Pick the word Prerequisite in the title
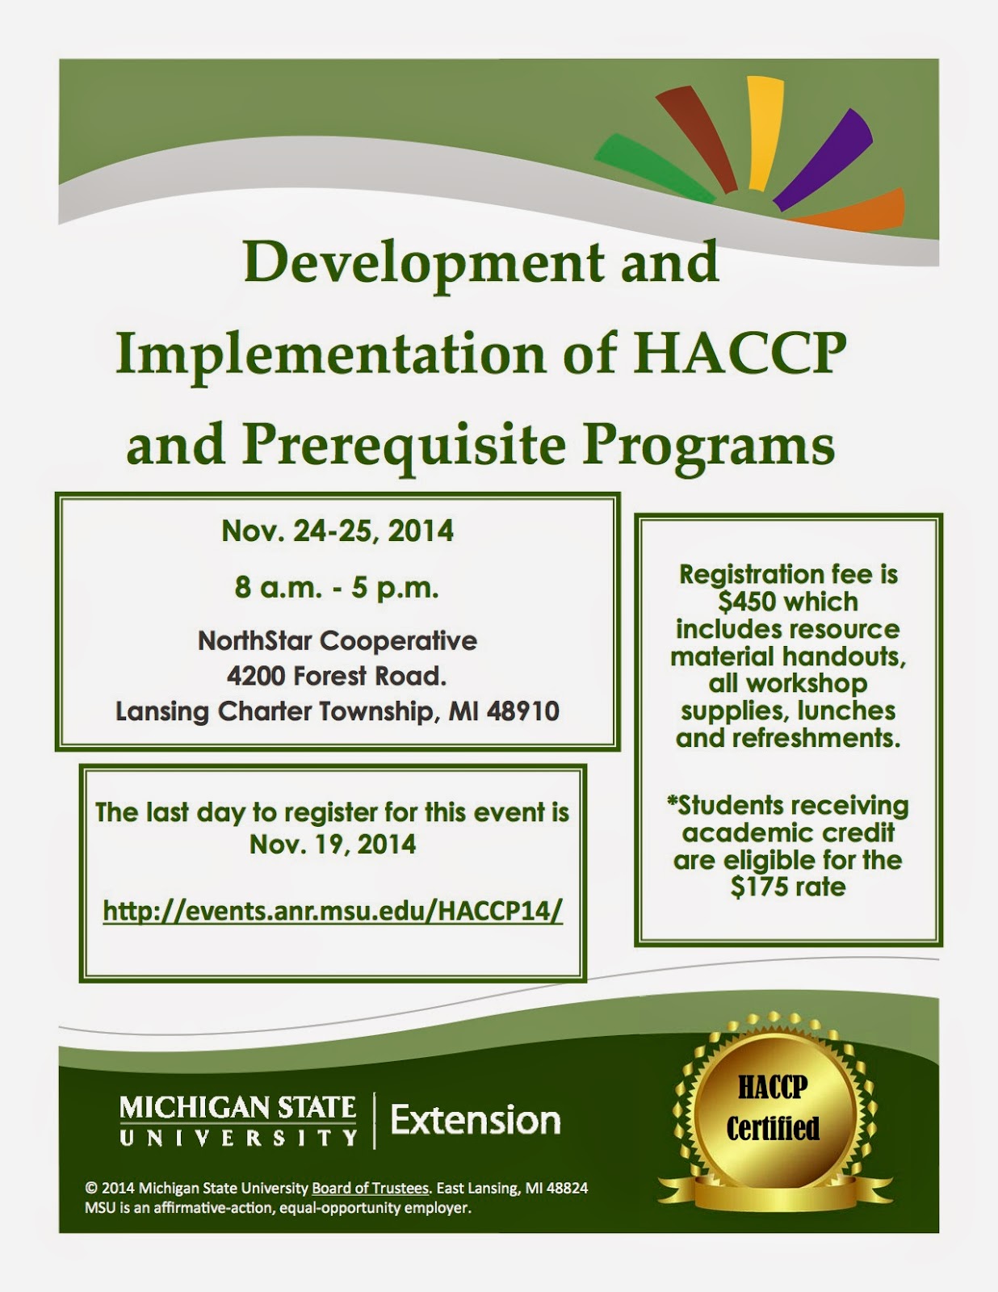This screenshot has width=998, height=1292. pos(404,446)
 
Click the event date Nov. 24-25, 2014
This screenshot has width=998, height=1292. pos(338,531)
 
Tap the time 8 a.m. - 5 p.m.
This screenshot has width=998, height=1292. pos(337,588)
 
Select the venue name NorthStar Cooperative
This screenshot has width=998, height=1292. pos(337,641)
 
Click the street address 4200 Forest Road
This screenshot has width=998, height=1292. pos(337,676)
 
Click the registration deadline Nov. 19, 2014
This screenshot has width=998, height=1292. pos(333,845)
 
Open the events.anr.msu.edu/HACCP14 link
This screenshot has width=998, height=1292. pos(333,910)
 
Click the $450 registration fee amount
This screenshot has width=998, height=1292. pos(744,602)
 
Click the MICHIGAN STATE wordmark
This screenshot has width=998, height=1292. pos(237,1108)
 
